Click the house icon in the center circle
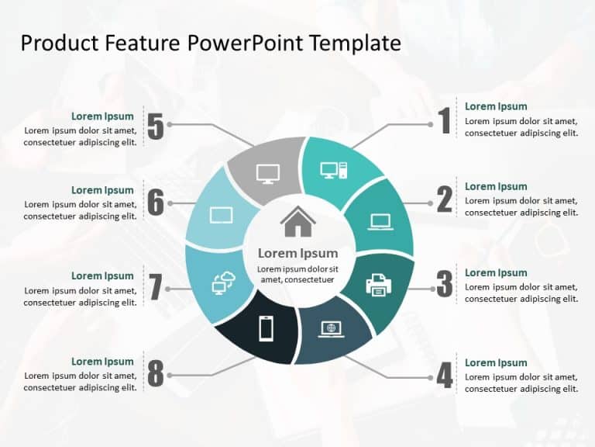(298, 222)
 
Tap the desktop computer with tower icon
(334, 170)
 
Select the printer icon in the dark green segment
(379, 284)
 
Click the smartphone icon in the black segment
(266, 328)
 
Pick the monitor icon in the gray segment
(267, 173)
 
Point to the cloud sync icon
(223, 283)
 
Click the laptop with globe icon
(332, 329)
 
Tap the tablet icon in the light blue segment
(221, 215)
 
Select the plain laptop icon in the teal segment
(380, 222)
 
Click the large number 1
(444, 122)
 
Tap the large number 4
(444, 376)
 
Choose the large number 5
(156, 126)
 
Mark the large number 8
(156, 374)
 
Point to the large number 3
(444, 285)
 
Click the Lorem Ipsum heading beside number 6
(102, 190)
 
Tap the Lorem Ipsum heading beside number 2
(496, 186)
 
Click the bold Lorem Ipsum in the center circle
(297, 253)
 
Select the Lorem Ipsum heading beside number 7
(102, 275)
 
